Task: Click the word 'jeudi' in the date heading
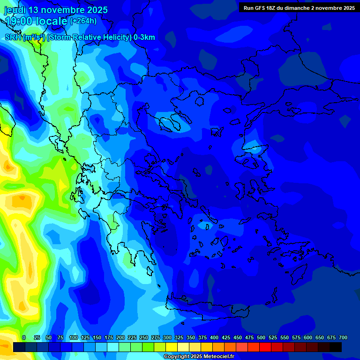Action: coord(15,10)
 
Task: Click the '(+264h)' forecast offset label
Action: coord(83,21)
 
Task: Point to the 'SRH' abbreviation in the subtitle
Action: coord(12,37)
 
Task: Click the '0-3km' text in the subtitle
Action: coord(144,37)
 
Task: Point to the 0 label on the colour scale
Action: coord(24,338)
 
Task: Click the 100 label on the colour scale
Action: coord(74,338)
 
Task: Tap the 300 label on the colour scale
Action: coord(167,338)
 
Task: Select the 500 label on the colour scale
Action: coord(261,338)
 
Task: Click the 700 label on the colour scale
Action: coord(343,338)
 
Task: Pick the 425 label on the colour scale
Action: coord(226,338)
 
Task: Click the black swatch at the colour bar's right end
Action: coord(336,347)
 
